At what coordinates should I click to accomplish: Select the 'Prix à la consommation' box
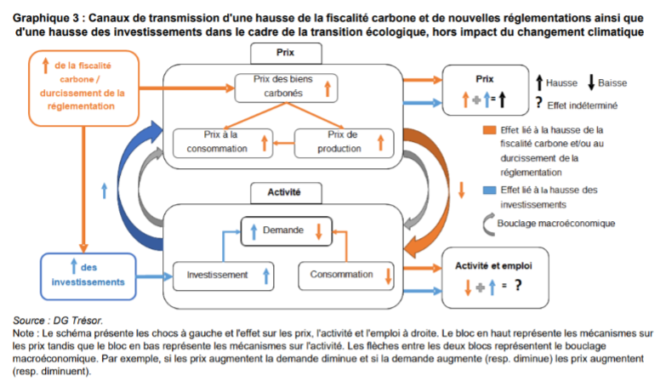[x=223, y=142]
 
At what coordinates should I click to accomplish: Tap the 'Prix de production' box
[x=345, y=142]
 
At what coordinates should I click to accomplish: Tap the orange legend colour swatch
[x=487, y=130]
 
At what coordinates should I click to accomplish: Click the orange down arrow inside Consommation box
[x=388, y=276]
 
